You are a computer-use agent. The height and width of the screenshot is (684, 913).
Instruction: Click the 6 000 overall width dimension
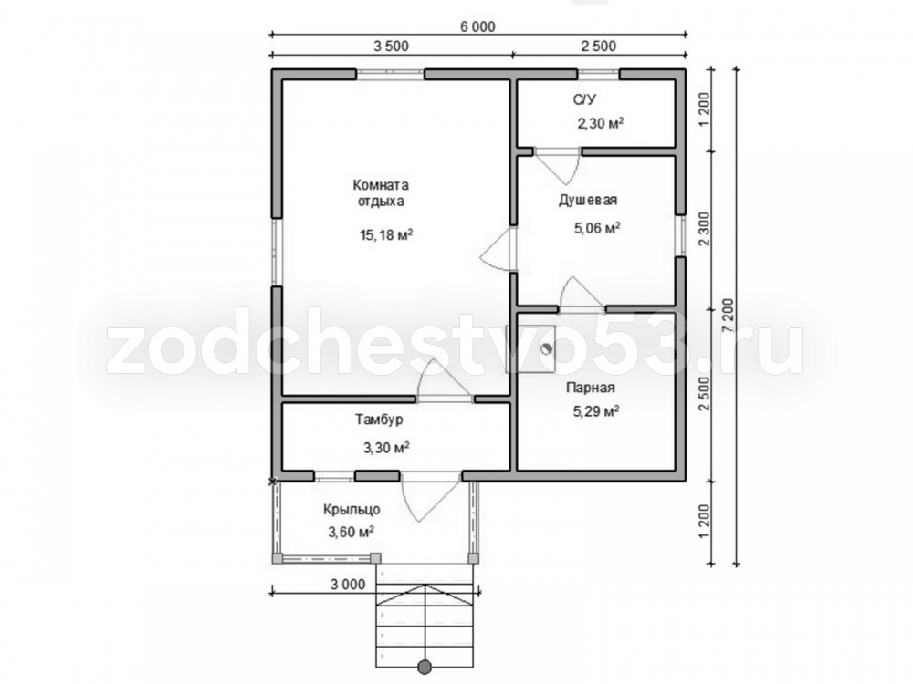coord(477,26)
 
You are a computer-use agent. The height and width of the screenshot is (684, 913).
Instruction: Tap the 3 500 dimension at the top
coord(391,46)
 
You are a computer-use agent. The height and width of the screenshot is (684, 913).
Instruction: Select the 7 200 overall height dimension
coord(729,317)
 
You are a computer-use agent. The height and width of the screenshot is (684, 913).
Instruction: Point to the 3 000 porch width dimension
coord(348,584)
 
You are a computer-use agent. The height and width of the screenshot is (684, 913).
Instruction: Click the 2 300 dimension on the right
coord(704,229)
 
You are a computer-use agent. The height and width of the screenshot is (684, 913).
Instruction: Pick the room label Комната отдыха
coord(381,193)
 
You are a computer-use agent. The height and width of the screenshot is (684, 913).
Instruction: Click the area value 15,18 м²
coord(386,234)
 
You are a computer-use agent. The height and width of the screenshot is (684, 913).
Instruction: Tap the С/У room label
coord(584,100)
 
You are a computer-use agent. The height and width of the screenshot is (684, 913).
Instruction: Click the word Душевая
coord(588,200)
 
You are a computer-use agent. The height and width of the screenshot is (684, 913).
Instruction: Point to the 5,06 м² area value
coord(597,227)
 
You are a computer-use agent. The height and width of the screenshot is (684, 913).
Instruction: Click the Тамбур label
coord(379,420)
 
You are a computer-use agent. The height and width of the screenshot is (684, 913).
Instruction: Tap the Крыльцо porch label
coord(352,510)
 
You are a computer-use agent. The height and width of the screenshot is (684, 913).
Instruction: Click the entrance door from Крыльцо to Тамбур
coord(431,496)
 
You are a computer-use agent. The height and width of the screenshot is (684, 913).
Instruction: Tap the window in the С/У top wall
coord(598,74)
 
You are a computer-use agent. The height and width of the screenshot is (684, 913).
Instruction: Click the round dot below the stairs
coord(425,667)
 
